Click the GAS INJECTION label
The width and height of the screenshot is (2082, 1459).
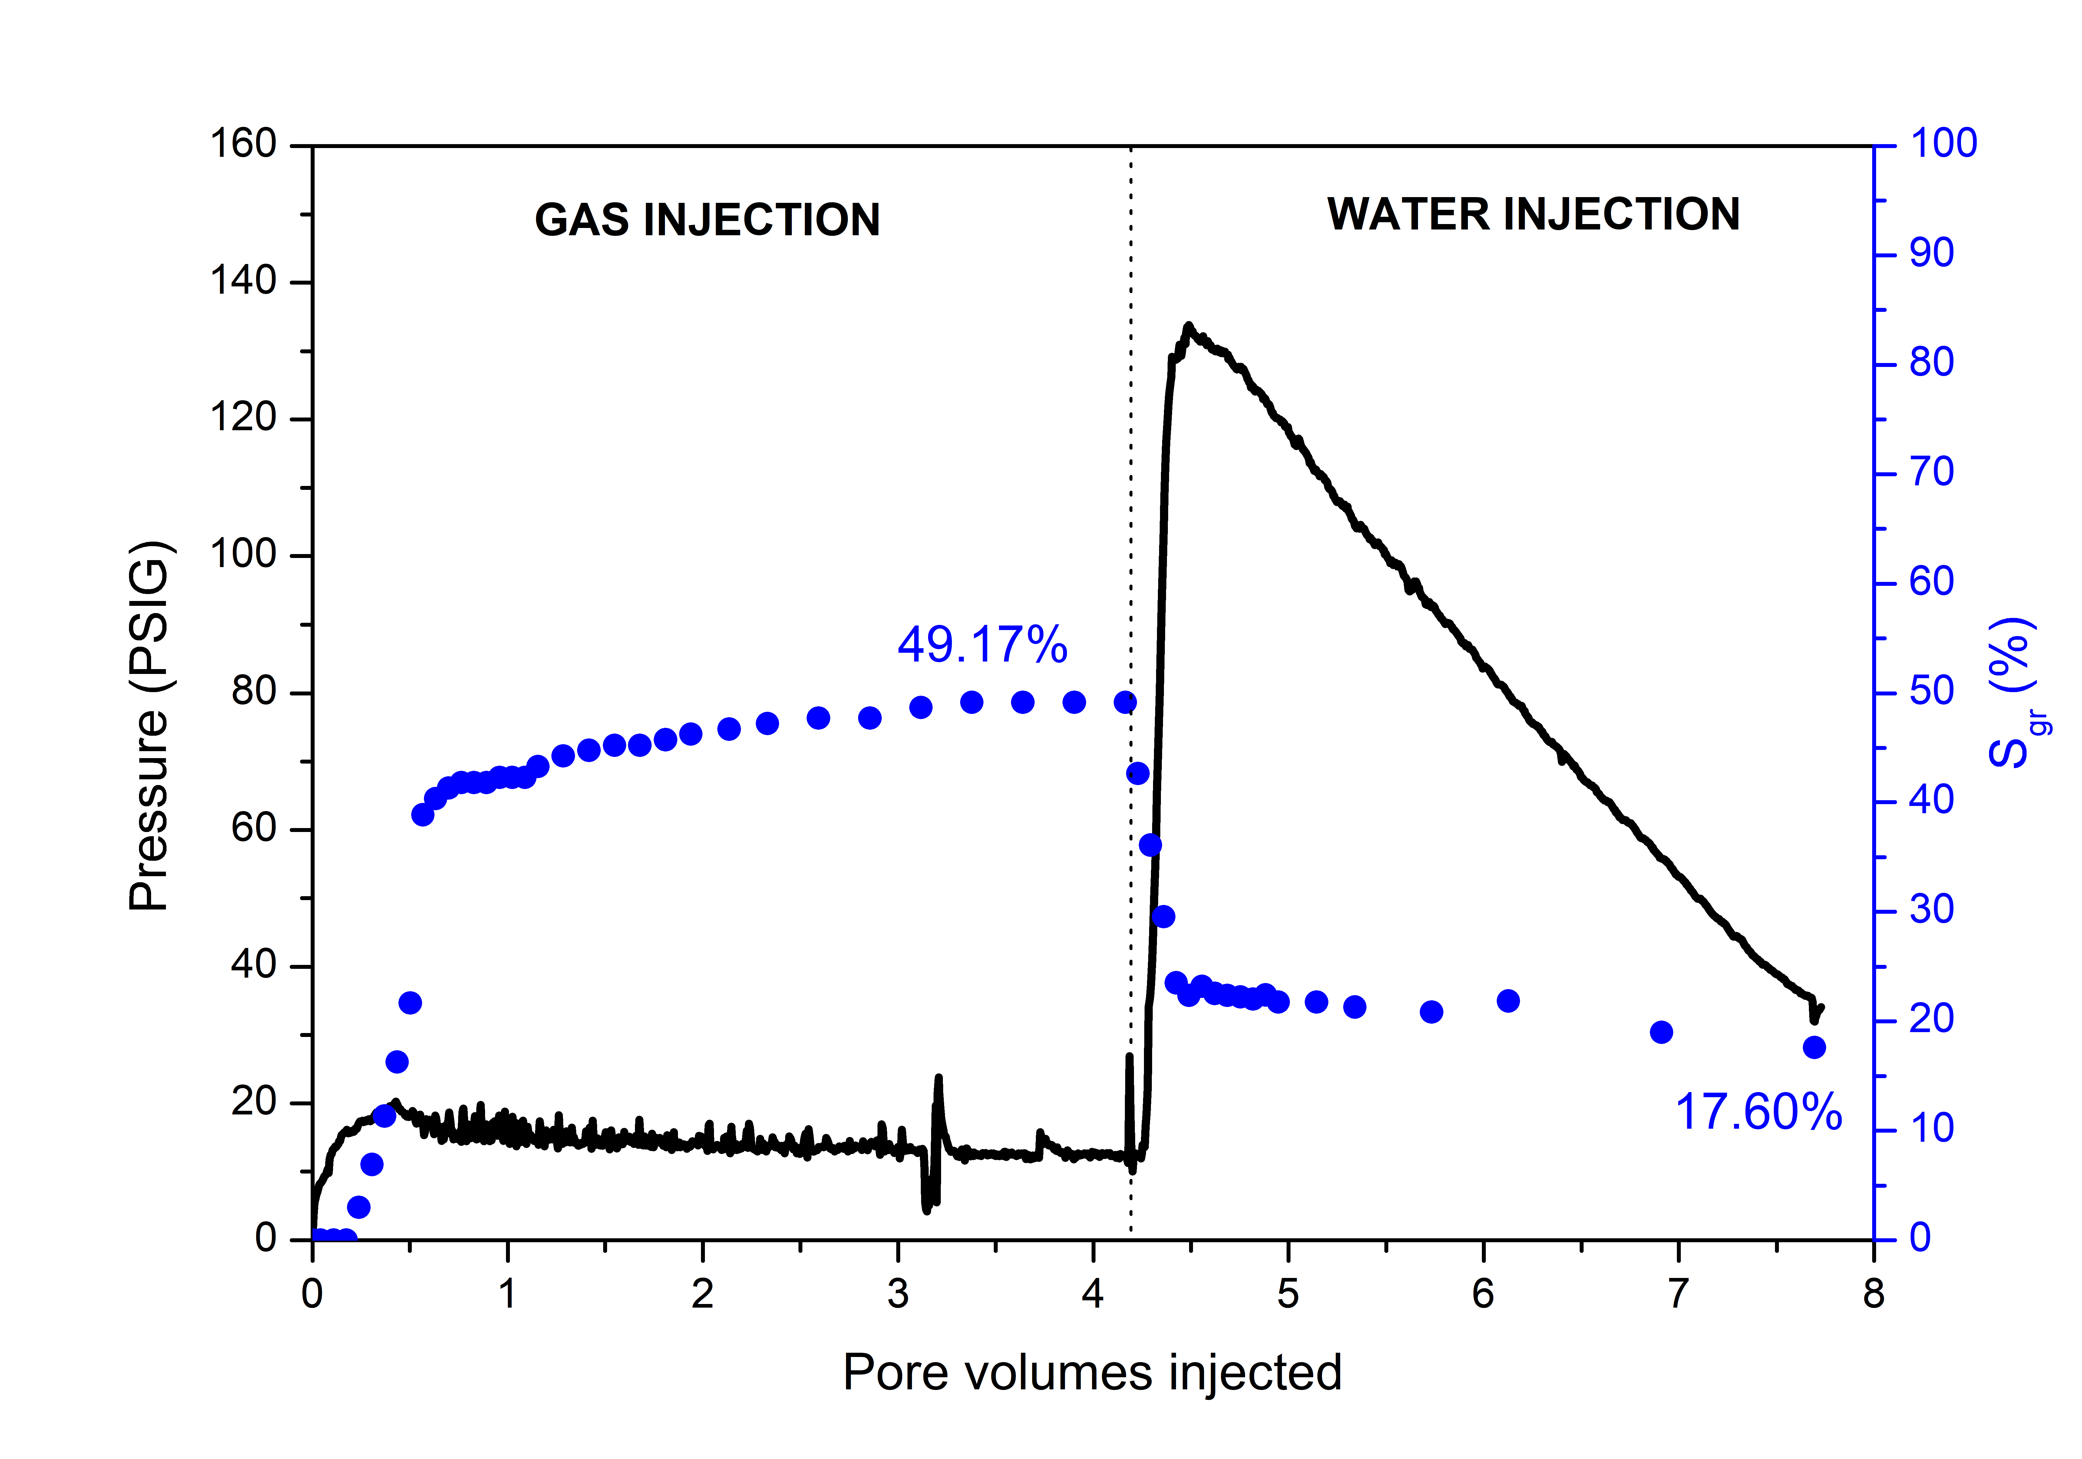(x=707, y=220)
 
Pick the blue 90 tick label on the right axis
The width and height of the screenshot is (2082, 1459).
(x=1932, y=254)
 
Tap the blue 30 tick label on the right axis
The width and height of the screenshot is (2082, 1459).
(x=1932, y=910)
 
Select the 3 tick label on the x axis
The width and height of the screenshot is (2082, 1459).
(x=898, y=1294)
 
